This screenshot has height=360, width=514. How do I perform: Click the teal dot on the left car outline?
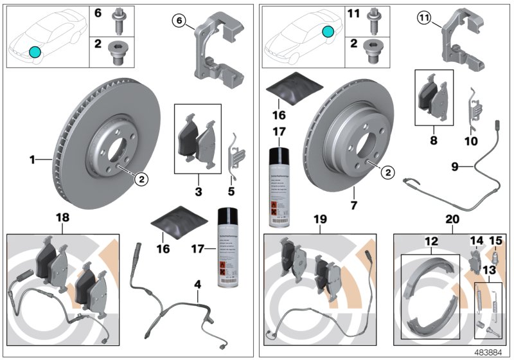pyautogui.click(x=35, y=52)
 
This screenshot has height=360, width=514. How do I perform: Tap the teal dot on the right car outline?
pyautogui.click(x=329, y=32)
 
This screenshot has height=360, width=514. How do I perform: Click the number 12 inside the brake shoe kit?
pyautogui.click(x=430, y=242)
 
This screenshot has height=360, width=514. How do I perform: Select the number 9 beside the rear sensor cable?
pyautogui.click(x=454, y=166)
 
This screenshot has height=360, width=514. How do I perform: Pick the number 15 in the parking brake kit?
pyautogui.click(x=495, y=242)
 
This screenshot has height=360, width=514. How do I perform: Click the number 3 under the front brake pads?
pyautogui.click(x=198, y=192)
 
